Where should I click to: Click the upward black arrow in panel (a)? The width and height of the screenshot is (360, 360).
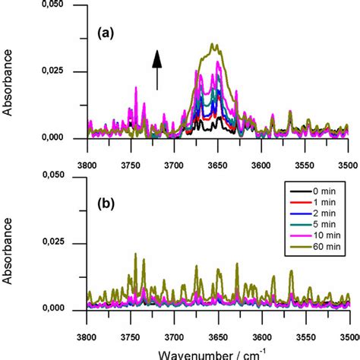click(x=157, y=69)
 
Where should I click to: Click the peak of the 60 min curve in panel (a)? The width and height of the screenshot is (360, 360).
click(x=213, y=44)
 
